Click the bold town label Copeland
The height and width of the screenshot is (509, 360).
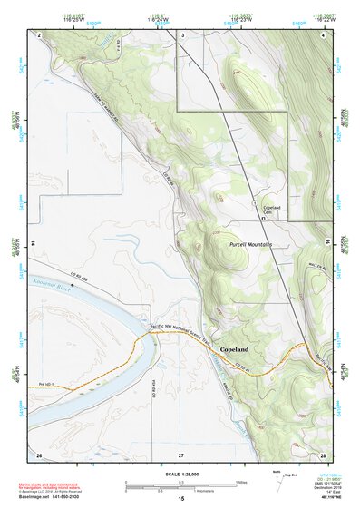click(x=234, y=347)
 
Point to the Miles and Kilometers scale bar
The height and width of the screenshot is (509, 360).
click(x=180, y=485)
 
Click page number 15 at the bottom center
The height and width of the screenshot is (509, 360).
click(x=180, y=500)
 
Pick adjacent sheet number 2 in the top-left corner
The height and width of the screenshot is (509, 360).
click(x=39, y=34)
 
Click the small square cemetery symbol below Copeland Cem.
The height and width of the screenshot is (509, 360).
click(x=264, y=219)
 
